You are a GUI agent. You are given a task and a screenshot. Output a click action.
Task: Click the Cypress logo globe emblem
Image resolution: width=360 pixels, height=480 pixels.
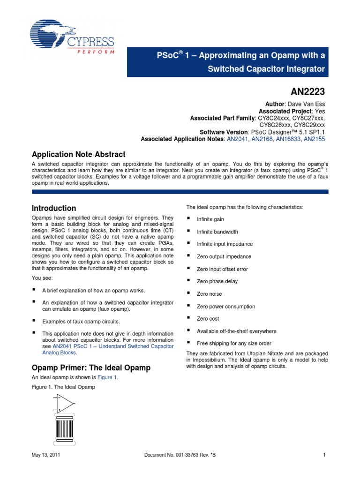(51, 35)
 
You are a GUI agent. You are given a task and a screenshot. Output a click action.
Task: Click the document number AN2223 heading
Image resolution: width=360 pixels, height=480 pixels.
(307, 90)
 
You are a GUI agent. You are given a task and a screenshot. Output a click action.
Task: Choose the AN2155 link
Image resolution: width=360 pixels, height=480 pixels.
(315, 139)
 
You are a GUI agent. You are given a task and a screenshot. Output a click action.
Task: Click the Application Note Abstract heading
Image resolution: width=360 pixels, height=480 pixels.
(78, 154)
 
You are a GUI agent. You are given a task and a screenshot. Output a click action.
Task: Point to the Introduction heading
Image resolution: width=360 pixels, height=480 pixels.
(53, 208)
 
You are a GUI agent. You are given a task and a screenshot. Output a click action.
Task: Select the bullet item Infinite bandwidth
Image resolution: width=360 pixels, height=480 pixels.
(217, 232)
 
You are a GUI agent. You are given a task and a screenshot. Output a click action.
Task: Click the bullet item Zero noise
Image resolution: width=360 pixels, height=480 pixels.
(209, 294)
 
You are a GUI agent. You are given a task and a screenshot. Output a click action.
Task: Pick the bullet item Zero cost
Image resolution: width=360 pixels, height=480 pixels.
(208, 319)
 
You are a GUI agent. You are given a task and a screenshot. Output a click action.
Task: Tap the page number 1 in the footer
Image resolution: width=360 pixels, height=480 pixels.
(324, 455)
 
